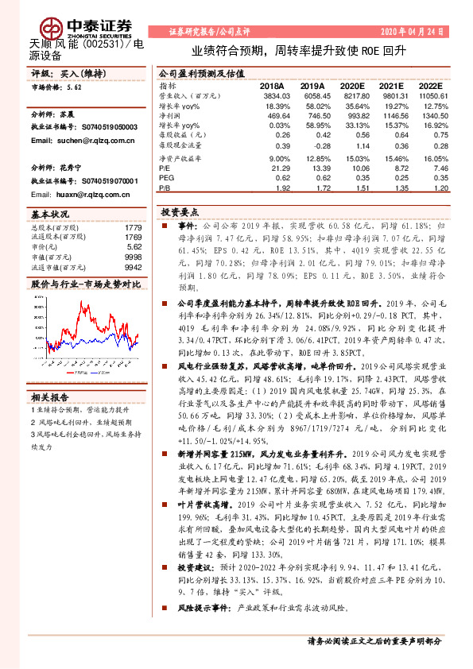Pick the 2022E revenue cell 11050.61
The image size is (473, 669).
point(432,95)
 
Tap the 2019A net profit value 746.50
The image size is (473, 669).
point(312,114)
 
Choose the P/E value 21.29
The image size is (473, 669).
point(280,168)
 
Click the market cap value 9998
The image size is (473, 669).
point(132,257)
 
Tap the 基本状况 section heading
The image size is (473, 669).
point(48,215)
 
